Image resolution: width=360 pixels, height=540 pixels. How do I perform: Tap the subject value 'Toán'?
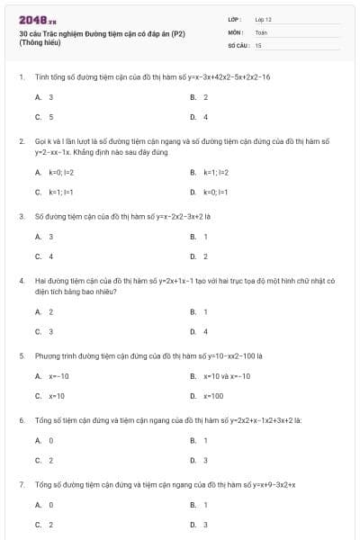coord(261,31)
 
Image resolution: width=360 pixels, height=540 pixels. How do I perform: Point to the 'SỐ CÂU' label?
coord(238,44)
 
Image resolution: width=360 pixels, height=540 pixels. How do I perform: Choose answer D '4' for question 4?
coord(205,332)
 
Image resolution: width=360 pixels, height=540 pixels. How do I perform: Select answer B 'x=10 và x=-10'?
coord(226,376)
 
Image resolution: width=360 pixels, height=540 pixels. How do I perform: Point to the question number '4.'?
coord(21,281)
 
